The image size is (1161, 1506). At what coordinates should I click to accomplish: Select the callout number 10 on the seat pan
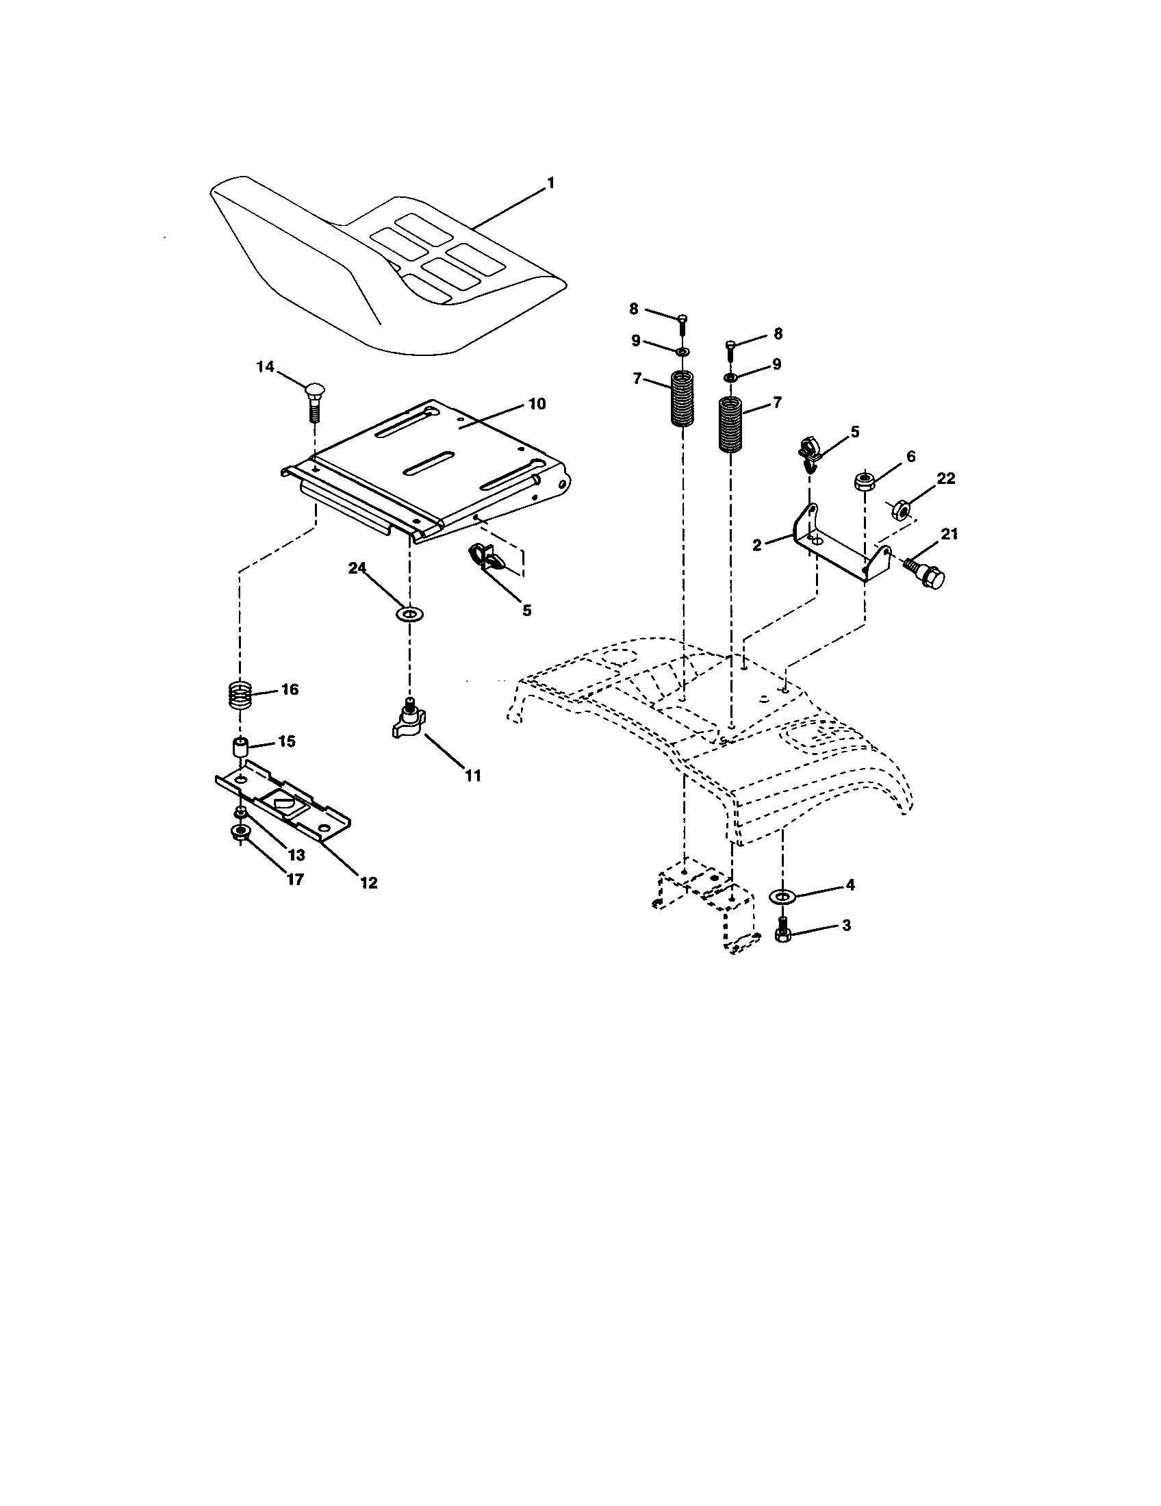point(537,403)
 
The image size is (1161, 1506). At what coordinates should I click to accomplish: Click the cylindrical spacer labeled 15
point(238,747)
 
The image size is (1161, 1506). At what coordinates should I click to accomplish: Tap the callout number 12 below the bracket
point(369,882)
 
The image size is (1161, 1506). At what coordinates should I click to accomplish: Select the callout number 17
point(295,880)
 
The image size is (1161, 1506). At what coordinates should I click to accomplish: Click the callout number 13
point(296,855)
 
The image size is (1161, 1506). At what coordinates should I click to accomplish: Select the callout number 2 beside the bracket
point(757,545)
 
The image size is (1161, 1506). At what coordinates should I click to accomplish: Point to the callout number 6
point(910,457)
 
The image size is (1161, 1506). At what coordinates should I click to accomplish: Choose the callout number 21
point(949,535)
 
